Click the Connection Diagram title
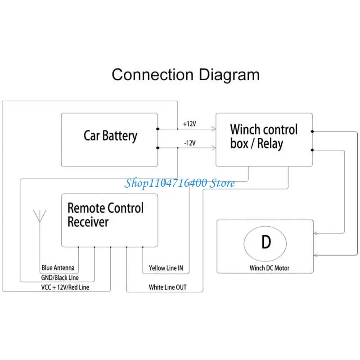(185, 75)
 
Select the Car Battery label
(110, 136)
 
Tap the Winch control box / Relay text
(264, 136)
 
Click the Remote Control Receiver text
(106, 215)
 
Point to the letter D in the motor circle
(266, 242)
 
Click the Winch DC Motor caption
(269, 268)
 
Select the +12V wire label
(189, 124)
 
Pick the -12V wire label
(190, 143)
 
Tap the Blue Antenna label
(58, 268)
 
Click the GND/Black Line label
(60, 278)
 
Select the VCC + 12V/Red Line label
(65, 287)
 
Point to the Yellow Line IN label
(166, 268)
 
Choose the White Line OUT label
(167, 287)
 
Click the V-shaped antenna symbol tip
(40, 221)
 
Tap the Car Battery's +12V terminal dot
(158, 129)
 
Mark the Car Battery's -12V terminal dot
(158, 148)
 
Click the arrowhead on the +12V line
(214, 129)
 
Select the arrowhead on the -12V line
(214, 148)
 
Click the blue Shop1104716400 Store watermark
(180, 183)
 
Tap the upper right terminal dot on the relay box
(312, 131)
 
